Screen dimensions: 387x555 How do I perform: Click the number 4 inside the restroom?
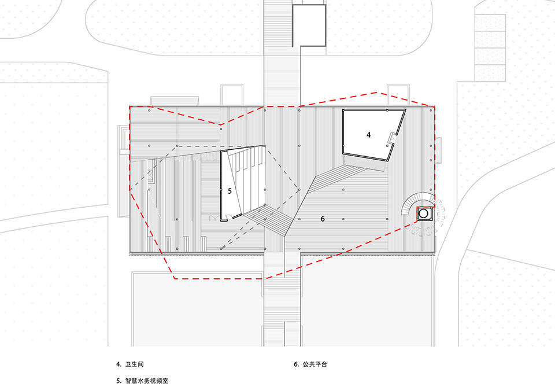point(368,134)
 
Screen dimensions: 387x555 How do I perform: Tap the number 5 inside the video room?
point(230,190)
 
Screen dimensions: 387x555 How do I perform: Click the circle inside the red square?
point(424,213)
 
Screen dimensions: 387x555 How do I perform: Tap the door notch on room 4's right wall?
point(392,138)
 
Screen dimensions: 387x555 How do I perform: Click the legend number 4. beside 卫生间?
point(119,365)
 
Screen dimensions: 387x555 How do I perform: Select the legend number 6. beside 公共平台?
point(296,365)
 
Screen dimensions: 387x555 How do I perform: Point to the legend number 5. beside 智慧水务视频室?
point(119,381)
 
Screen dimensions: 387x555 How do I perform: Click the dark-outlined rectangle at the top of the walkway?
point(309,25)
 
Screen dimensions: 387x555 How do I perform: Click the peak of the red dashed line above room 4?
point(386,92)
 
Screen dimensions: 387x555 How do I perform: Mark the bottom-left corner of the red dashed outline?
point(175,278)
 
